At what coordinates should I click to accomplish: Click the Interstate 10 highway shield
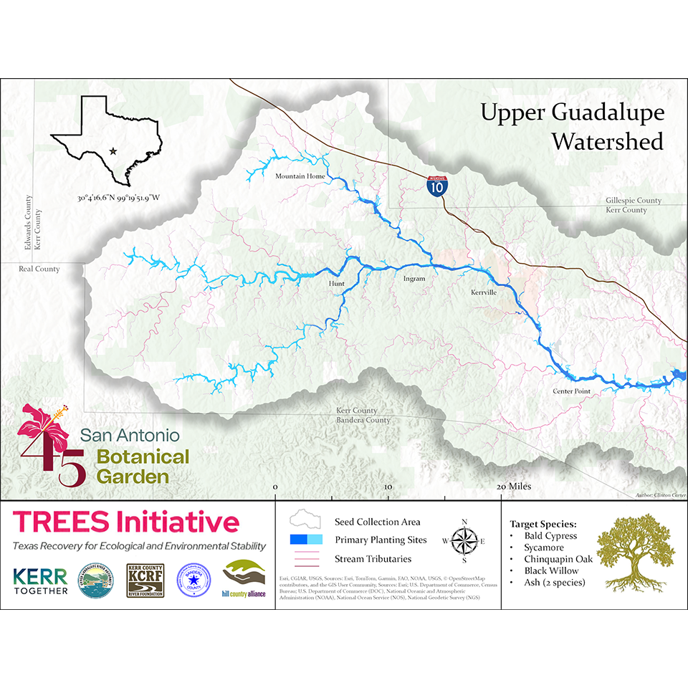tap(435, 186)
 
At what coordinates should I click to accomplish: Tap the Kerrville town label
tap(484, 292)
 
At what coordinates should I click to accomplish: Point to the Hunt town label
tap(336, 284)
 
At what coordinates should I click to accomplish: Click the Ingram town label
tap(414, 278)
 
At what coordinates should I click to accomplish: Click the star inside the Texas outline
tap(113, 150)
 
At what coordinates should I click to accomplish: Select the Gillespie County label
tap(633, 201)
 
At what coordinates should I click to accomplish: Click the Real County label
tap(40, 269)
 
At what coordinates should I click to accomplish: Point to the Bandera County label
tap(364, 420)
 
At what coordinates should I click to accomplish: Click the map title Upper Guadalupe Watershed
tap(572, 127)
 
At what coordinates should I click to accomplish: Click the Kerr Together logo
tap(40, 580)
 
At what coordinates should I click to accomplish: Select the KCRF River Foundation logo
tap(145, 580)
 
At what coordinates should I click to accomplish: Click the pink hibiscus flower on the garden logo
tap(44, 421)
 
